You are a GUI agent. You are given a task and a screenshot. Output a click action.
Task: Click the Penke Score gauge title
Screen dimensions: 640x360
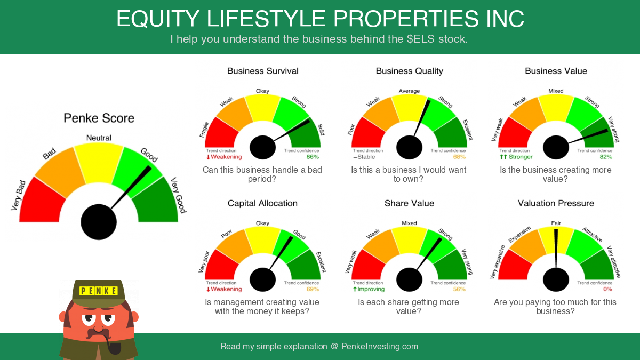(x=99, y=118)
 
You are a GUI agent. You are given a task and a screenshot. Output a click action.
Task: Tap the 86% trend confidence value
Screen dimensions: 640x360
(x=313, y=157)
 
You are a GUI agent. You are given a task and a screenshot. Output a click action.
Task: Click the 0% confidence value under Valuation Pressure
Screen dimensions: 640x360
(x=607, y=289)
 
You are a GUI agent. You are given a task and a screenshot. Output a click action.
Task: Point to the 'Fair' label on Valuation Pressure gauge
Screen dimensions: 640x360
(x=556, y=223)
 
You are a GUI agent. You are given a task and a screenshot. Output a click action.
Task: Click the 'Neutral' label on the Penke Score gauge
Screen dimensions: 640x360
(x=99, y=138)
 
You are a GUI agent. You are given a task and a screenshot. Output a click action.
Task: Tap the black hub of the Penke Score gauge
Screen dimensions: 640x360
(x=99, y=222)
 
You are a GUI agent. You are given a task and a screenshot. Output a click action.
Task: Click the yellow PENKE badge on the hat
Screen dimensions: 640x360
(x=99, y=291)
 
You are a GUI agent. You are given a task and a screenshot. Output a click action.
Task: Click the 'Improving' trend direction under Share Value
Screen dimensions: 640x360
(x=369, y=289)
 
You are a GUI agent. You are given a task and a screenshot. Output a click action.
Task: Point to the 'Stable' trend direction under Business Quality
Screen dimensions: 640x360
(x=364, y=157)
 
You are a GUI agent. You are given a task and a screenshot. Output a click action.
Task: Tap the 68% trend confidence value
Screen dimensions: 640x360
(x=459, y=157)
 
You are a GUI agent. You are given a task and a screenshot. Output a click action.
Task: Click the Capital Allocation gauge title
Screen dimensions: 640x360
(x=262, y=203)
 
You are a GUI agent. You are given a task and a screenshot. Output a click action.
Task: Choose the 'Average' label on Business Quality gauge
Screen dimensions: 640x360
(x=409, y=91)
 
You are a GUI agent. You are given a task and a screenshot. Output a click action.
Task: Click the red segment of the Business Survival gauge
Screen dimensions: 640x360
(x=221, y=133)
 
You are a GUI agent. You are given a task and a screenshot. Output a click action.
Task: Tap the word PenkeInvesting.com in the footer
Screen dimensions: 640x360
(x=380, y=346)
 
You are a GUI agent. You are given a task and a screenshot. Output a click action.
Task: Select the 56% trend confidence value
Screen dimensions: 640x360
(x=459, y=289)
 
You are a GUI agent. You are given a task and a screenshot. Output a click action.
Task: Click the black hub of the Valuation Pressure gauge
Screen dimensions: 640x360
(x=556, y=279)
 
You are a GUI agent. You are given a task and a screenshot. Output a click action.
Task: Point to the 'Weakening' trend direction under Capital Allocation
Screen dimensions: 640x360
(x=224, y=289)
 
